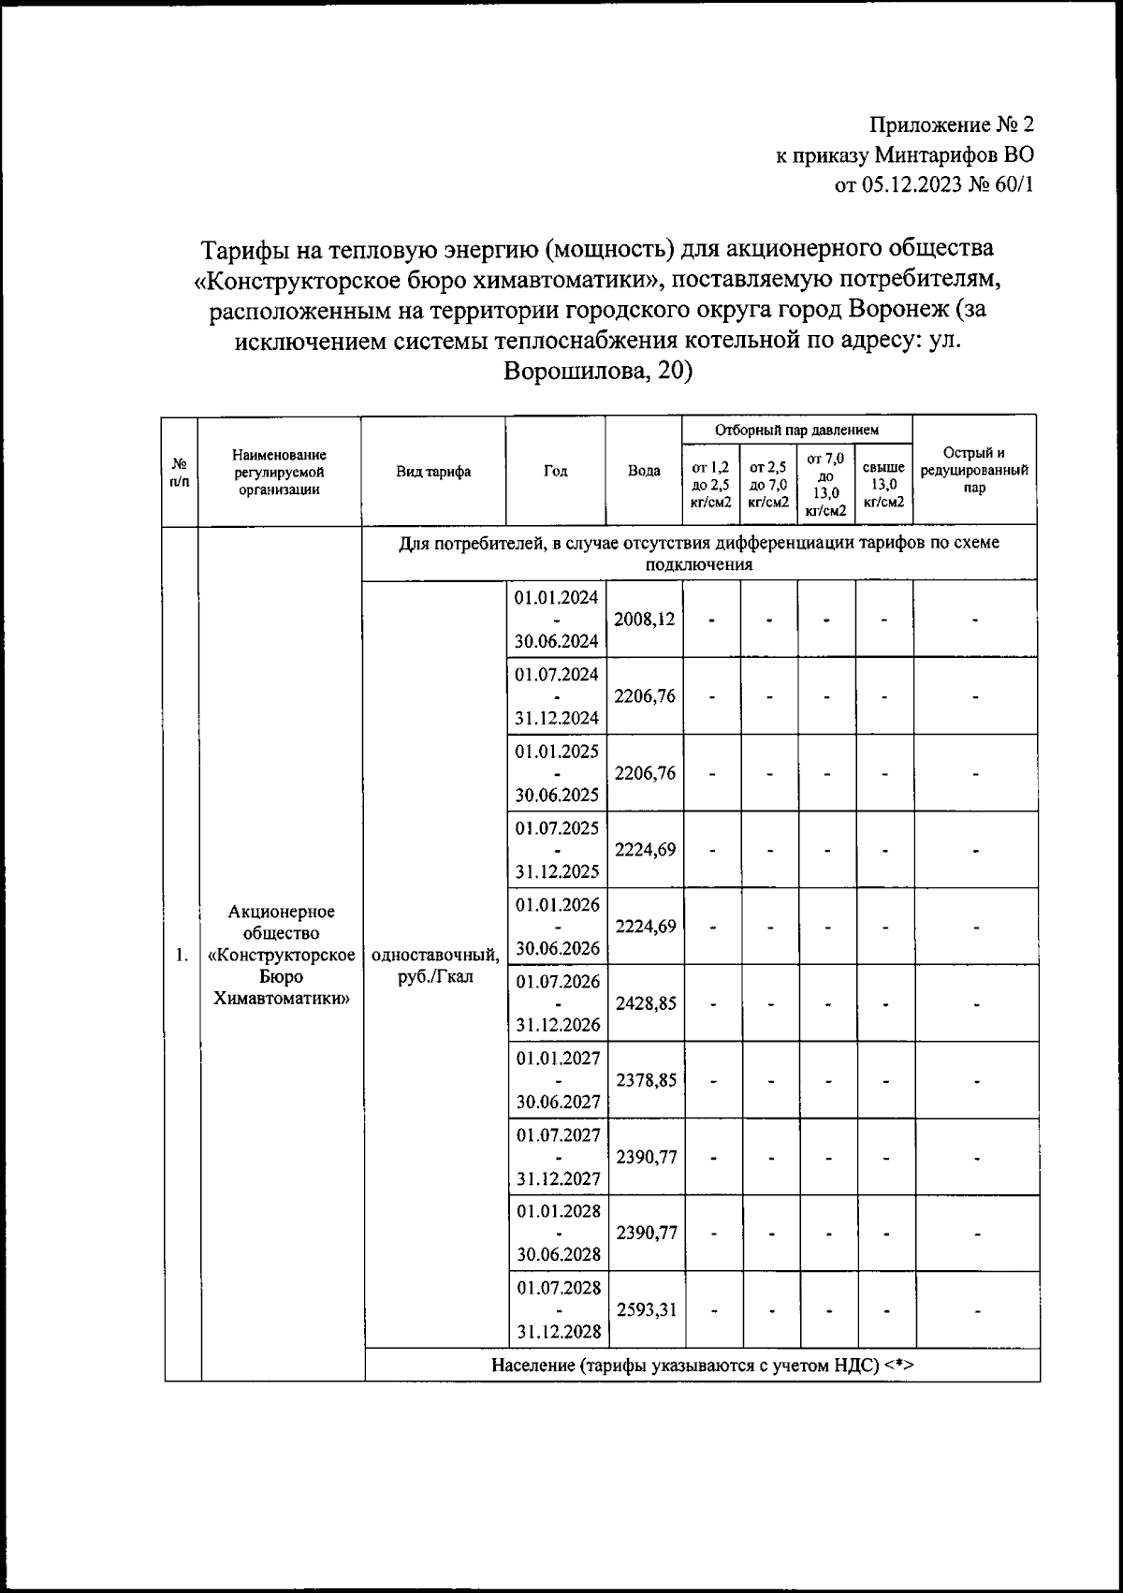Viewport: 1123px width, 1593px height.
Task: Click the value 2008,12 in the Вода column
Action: tap(645, 620)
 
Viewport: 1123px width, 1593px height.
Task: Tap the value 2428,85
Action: tap(646, 1003)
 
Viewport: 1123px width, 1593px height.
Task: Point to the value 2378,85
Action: tap(646, 1080)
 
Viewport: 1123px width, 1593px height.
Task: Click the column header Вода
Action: tap(644, 472)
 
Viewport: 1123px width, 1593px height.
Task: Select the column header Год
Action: tap(556, 472)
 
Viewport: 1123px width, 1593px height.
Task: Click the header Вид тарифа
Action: tap(433, 472)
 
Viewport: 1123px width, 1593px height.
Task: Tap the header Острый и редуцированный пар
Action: tap(974, 470)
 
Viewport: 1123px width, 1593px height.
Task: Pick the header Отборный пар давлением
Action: tap(796, 431)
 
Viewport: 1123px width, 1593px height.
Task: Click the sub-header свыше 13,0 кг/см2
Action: tap(883, 485)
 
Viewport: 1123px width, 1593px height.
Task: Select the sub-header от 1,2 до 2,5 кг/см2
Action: tap(711, 485)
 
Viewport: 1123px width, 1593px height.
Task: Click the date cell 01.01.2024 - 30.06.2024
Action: tap(556, 620)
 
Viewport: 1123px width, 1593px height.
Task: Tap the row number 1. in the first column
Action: tap(182, 956)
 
